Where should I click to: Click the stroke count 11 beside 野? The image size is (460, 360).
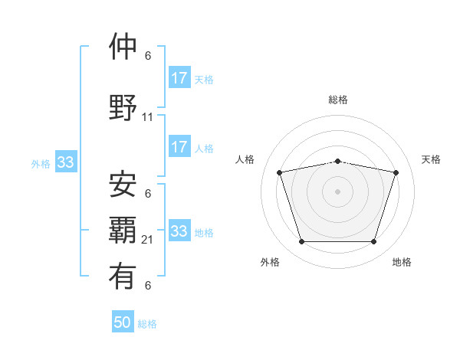pyautogui.click(x=148, y=117)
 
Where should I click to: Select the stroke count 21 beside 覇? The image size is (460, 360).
pyautogui.click(x=148, y=240)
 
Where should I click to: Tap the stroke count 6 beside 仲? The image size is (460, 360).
pyautogui.click(x=148, y=56)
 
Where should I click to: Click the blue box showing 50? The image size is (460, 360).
pyautogui.click(x=123, y=322)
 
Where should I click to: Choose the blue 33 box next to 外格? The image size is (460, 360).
pyautogui.click(x=65, y=162)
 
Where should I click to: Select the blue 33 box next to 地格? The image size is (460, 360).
pyautogui.click(x=179, y=231)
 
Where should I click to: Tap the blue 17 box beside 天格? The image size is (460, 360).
pyautogui.click(x=179, y=78)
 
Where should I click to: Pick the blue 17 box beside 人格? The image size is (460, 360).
pyautogui.click(x=179, y=147)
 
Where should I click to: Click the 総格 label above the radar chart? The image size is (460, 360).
pyautogui.click(x=337, y=100)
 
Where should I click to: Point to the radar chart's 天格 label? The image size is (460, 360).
pyautogui.click(x=431, y=159)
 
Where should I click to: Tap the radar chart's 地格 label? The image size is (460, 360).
pyautogui.click(x=402, y=262)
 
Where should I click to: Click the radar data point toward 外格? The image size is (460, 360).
pyautogui.click(x=301, y=242)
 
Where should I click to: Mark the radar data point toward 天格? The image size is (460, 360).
pyautogui.click(x=396, y=172)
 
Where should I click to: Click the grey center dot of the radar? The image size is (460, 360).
pyautogui.click(x=337, y=191)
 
